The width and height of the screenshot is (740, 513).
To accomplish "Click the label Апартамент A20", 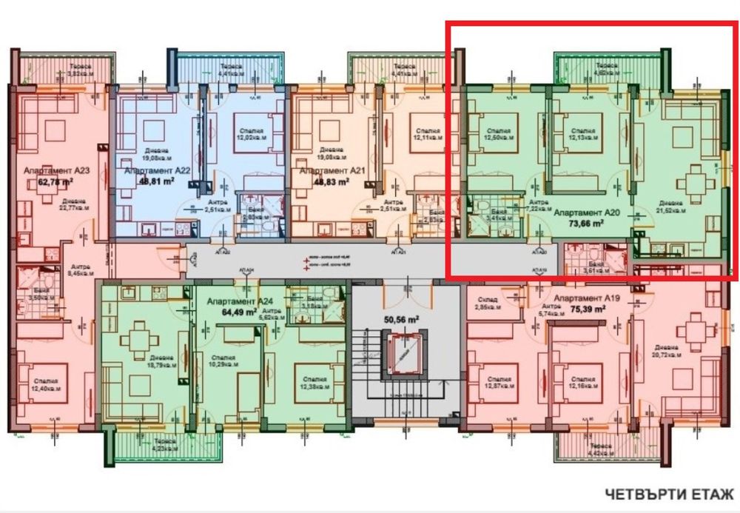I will coord(586,211).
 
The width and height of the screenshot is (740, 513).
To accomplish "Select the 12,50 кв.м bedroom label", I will coord(499,133).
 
